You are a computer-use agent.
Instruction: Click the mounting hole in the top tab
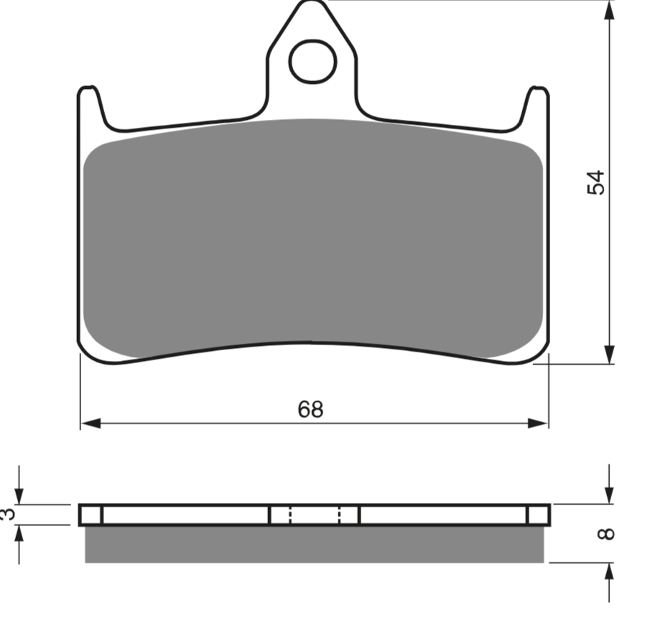pyautogui.click(x=312, y=61)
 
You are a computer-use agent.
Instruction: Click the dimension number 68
pyautogui.click(x=310, y=409)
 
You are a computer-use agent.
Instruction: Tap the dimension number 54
pyautogui.click(x=596, y=182)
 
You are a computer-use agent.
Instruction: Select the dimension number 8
pyautogui.click(x=605, y=533)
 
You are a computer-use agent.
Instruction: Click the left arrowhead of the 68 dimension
pyautogui.click(x=90, y=423)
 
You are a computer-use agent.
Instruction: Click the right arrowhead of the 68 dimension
pyautogui.click(x=538, y=423)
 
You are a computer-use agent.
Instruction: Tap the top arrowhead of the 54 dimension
pyautogui.click(x=609, y=11)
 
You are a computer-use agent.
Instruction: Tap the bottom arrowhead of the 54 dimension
pyautogui.click(x=609, y=355)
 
